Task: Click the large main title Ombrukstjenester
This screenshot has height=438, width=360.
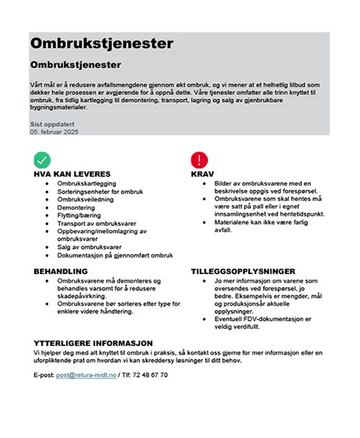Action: (x=102, y=43)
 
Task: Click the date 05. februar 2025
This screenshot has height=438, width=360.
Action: (x=54, y=132)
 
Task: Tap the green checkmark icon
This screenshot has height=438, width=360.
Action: (x=42, y=160)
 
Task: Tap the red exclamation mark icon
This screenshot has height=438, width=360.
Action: (x=199, y=160)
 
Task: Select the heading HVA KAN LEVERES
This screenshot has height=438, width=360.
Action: (x=72, y=174)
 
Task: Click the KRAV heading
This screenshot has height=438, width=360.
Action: (x=202, y=174)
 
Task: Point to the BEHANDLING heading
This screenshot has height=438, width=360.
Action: (x=60, y=271)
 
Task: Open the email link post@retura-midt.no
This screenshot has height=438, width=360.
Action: (x=86, y=375)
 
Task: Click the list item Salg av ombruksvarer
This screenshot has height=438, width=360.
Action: (x=90, y=247)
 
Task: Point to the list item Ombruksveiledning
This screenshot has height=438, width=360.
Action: (x=86, y=199)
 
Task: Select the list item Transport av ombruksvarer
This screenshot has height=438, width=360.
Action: (x=96, y=223)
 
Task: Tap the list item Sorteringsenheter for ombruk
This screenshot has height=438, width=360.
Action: (x=101, y=191)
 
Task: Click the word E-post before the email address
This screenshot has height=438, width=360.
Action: (x=44, y=375)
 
